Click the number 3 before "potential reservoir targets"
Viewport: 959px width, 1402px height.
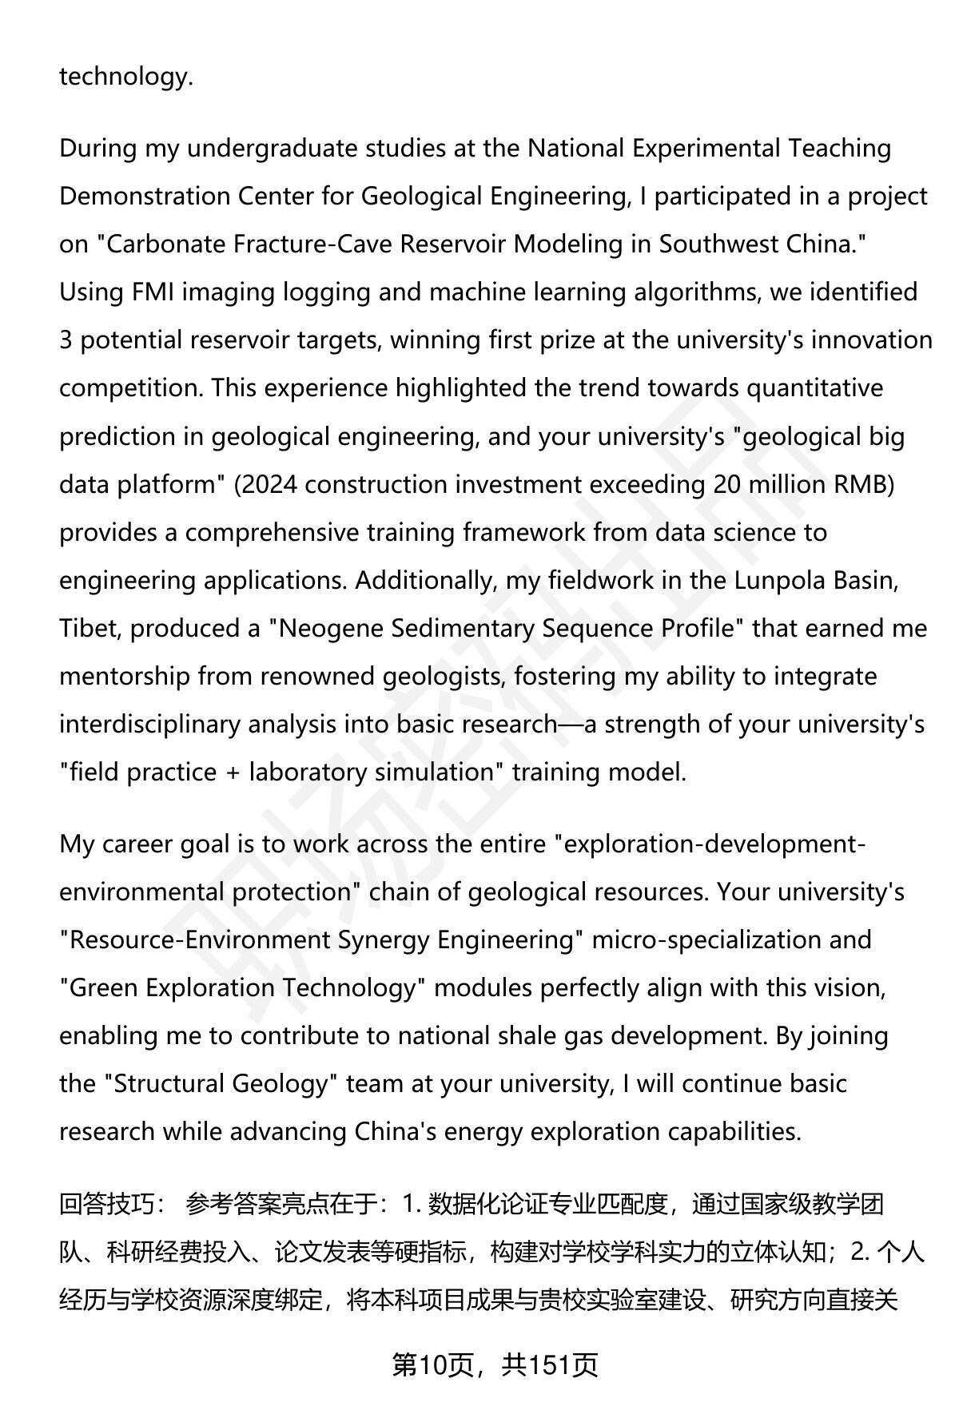(x=66, y=340)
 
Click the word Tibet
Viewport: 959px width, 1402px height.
(x=88, y=629)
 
